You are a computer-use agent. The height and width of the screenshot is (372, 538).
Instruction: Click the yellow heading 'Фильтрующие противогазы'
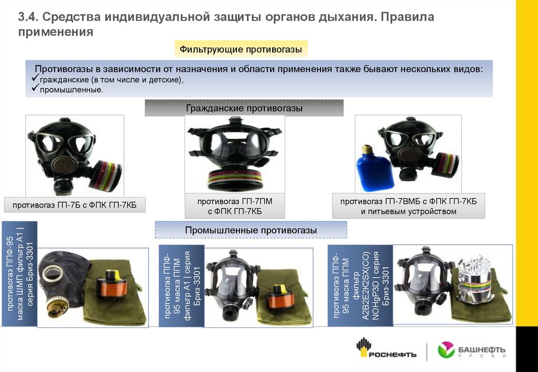[x=241, y=49]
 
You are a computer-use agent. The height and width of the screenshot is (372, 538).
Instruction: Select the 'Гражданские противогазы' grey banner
[x=244, y=108]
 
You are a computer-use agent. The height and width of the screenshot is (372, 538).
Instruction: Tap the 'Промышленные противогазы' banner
[x=251, y=230]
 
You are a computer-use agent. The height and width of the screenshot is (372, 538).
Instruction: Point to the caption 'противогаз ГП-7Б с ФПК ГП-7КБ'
[x=75, y=205]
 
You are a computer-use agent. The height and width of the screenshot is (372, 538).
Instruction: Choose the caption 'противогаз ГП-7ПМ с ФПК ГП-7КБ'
[x=235, y=206]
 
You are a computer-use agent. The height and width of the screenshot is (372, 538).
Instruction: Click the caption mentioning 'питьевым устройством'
[x=408, y=206]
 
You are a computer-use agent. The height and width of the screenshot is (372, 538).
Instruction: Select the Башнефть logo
[x=472, y=351]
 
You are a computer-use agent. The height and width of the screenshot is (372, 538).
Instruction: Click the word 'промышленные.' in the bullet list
[x=71, y=90]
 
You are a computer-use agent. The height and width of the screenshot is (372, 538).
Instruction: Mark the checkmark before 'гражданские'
[x=35, y=78]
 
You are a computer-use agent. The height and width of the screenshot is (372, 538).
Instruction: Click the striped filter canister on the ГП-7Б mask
[x=106, y=175]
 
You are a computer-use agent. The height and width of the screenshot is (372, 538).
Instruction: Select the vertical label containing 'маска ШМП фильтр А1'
[x=19, y=274]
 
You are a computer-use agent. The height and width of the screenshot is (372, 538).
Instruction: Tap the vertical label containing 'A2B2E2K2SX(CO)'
[x=360, y=285]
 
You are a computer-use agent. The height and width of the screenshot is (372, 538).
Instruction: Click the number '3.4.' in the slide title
[x=28, y=17]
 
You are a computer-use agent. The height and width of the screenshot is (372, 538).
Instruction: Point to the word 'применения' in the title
[x=56, y=32]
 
